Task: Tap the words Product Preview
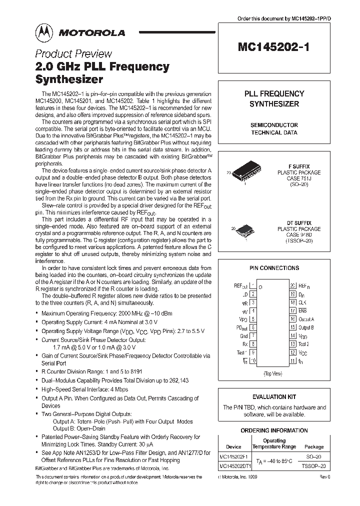tap(73, 54)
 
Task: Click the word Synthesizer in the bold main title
tap(69, 79)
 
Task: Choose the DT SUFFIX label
tap(299, 222)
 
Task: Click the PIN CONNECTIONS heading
tap(274, 268)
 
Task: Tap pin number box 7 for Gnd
tap(253, 336)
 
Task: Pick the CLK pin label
tap(302, 302)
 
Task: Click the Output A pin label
tap(306, 319)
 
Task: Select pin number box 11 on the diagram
tap(292, 360)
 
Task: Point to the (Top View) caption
tap(272, 373)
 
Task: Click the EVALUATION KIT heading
tap(274, 397)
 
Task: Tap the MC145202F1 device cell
tap(233, 456)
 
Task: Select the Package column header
tap(314, 446)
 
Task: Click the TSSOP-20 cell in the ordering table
tap(314, 465)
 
